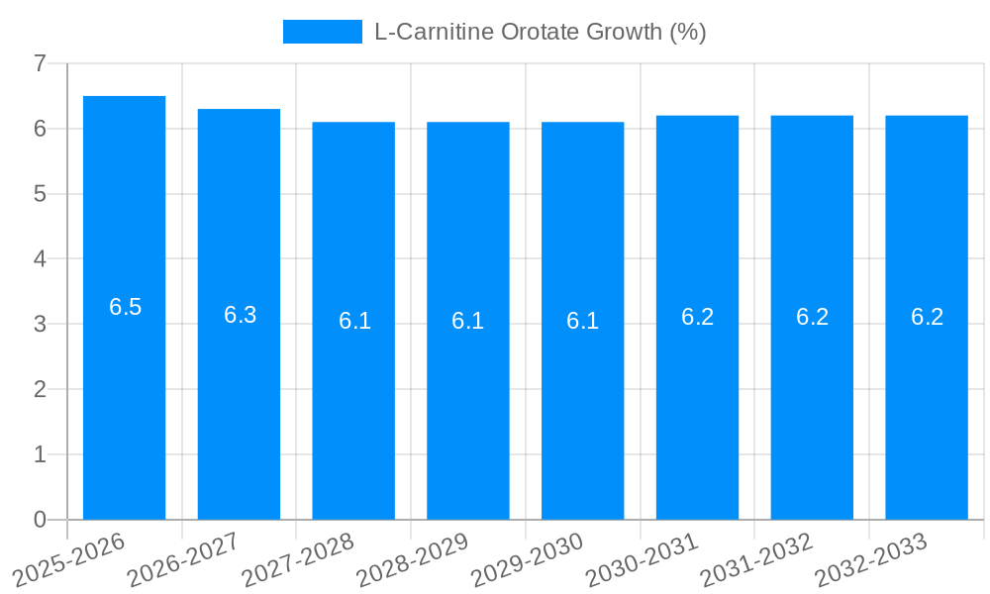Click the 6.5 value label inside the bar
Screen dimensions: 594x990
click(x=126, y=307)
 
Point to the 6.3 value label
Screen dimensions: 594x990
click(x=240, y=315)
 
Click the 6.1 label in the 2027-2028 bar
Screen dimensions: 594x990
click(x=354, y=321)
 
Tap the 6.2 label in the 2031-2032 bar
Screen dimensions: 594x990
click(x=812, y=317)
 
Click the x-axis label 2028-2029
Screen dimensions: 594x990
click(x=412, y=559)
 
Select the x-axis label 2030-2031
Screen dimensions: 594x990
click(x=642, y=559)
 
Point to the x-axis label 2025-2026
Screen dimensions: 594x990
click(x=68, y=559)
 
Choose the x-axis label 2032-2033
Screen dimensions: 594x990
click(x=870, y=559)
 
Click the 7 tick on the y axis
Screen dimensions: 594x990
click(x=40, y=64)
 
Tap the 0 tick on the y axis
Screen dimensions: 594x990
click(x=40, y=520)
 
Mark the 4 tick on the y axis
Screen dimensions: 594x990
click(x=40, y=259)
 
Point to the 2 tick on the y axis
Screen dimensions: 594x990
click(x=40, y=390)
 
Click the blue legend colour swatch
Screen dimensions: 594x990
click(x=322, y=32)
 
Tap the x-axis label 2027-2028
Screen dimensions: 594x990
click(x=298, y=559)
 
